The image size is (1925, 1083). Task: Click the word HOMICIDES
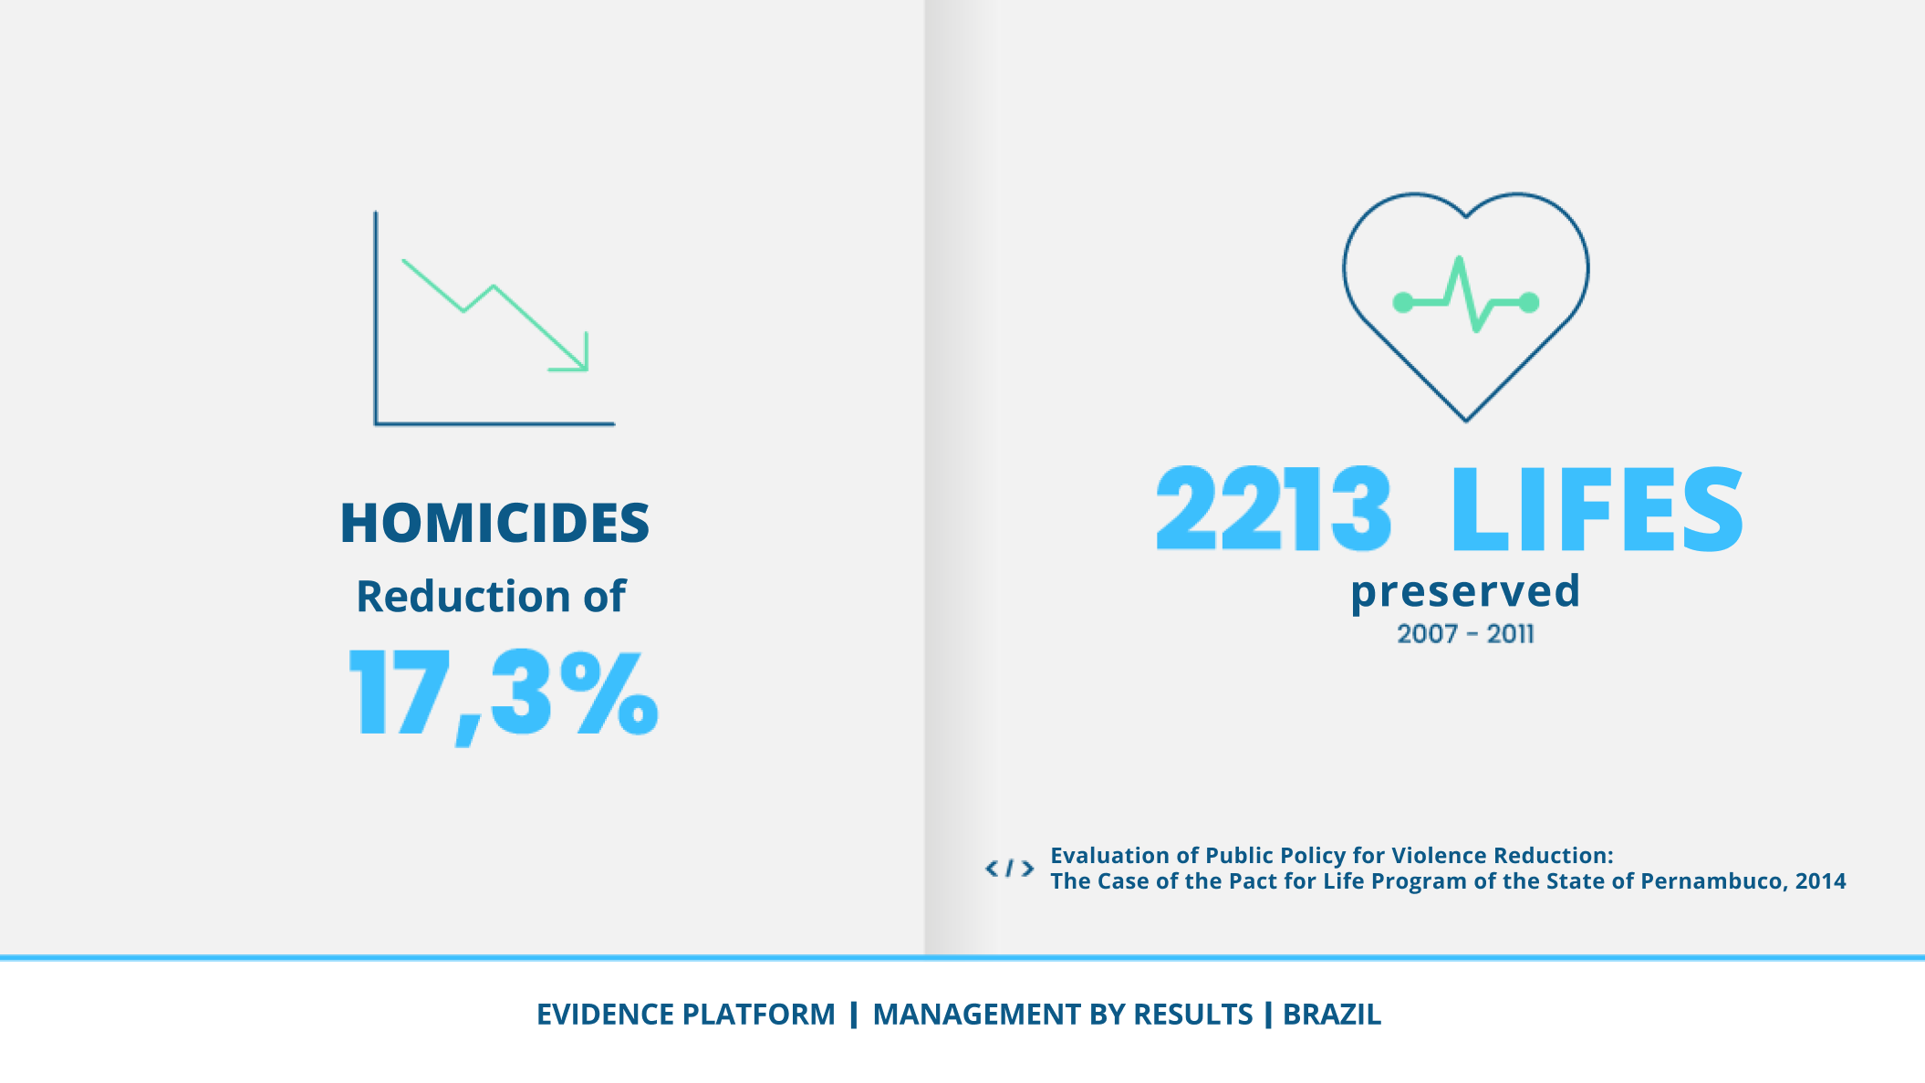point(494,523)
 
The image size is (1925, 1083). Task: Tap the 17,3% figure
point(504,693)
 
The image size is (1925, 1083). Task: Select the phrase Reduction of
point(491,597)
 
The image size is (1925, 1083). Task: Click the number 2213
point(1274,508)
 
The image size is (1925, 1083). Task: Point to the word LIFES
point(1597,508)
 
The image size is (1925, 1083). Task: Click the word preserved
point(1465,591)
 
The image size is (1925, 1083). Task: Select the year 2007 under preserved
point(1427,634)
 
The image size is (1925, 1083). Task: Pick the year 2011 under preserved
point(1510,634)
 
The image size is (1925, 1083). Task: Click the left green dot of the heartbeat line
point(1403,303)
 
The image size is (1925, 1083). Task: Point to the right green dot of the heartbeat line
point(1530,303)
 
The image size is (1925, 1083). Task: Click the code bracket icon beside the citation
point(1009,869)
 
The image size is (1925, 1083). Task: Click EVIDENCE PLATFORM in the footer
point(685,1015)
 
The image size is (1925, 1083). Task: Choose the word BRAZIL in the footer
point(1332,1015)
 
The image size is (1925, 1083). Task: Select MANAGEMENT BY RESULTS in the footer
point(1063,1015)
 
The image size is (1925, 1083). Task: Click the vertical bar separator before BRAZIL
point(1268,1015)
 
